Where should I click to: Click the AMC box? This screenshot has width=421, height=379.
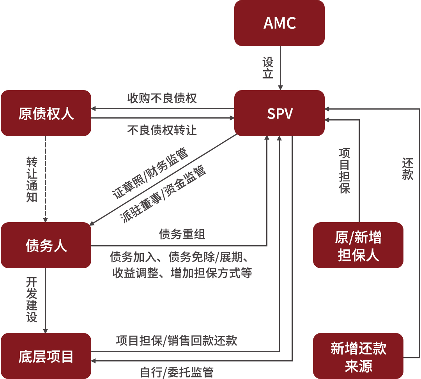[x=279, y=23]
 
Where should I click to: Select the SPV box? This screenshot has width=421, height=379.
[x=279, y=113]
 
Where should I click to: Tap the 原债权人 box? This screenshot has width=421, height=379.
[x=46, y=113]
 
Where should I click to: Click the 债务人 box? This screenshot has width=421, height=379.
[x=46, y=245]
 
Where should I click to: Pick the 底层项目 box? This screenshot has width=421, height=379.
[x=46, y=356]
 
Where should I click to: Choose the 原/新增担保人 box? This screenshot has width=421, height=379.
[x=358, y=245]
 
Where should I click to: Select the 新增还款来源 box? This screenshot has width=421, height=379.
[x=358, y=356]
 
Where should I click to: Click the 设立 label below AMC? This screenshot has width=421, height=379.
[x=268, y=67]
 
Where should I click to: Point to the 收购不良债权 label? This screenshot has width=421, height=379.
[x=162, y=98]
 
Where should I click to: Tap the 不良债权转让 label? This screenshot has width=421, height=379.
[x=162, y=130]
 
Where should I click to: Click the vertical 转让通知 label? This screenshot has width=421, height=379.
[x=32, y=179]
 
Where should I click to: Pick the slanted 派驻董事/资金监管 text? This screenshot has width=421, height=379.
[x=163, y=194]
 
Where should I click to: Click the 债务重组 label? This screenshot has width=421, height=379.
[x=182, y=234]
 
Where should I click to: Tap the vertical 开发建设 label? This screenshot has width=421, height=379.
[x=32, y=299]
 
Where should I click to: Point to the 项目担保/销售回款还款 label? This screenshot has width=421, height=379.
[x=177, y=340]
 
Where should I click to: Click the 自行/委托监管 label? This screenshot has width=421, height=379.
[x=177, y=372]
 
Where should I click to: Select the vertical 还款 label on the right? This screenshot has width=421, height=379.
[x=407, y=169]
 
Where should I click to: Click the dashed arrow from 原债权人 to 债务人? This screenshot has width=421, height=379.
[x=45, y=179]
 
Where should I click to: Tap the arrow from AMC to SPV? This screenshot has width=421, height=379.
[x=280, y=68]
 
